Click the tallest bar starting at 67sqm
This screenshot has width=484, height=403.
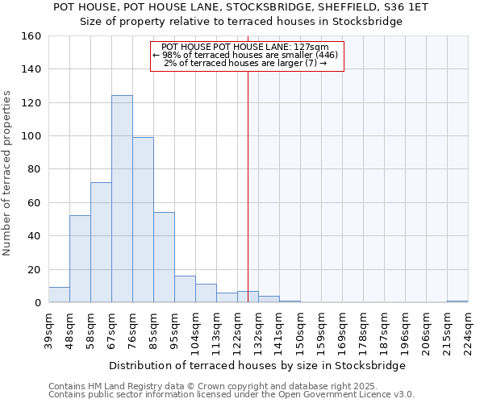(122, 199)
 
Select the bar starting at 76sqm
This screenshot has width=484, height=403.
(143, 220)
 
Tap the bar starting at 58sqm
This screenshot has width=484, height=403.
(101, 243)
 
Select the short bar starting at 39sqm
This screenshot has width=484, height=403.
(59, 295)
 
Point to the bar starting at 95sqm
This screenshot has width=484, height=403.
(185, 289)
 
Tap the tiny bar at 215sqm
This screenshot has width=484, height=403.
(457, 301)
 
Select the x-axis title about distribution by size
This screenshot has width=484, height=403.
(257, 365)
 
